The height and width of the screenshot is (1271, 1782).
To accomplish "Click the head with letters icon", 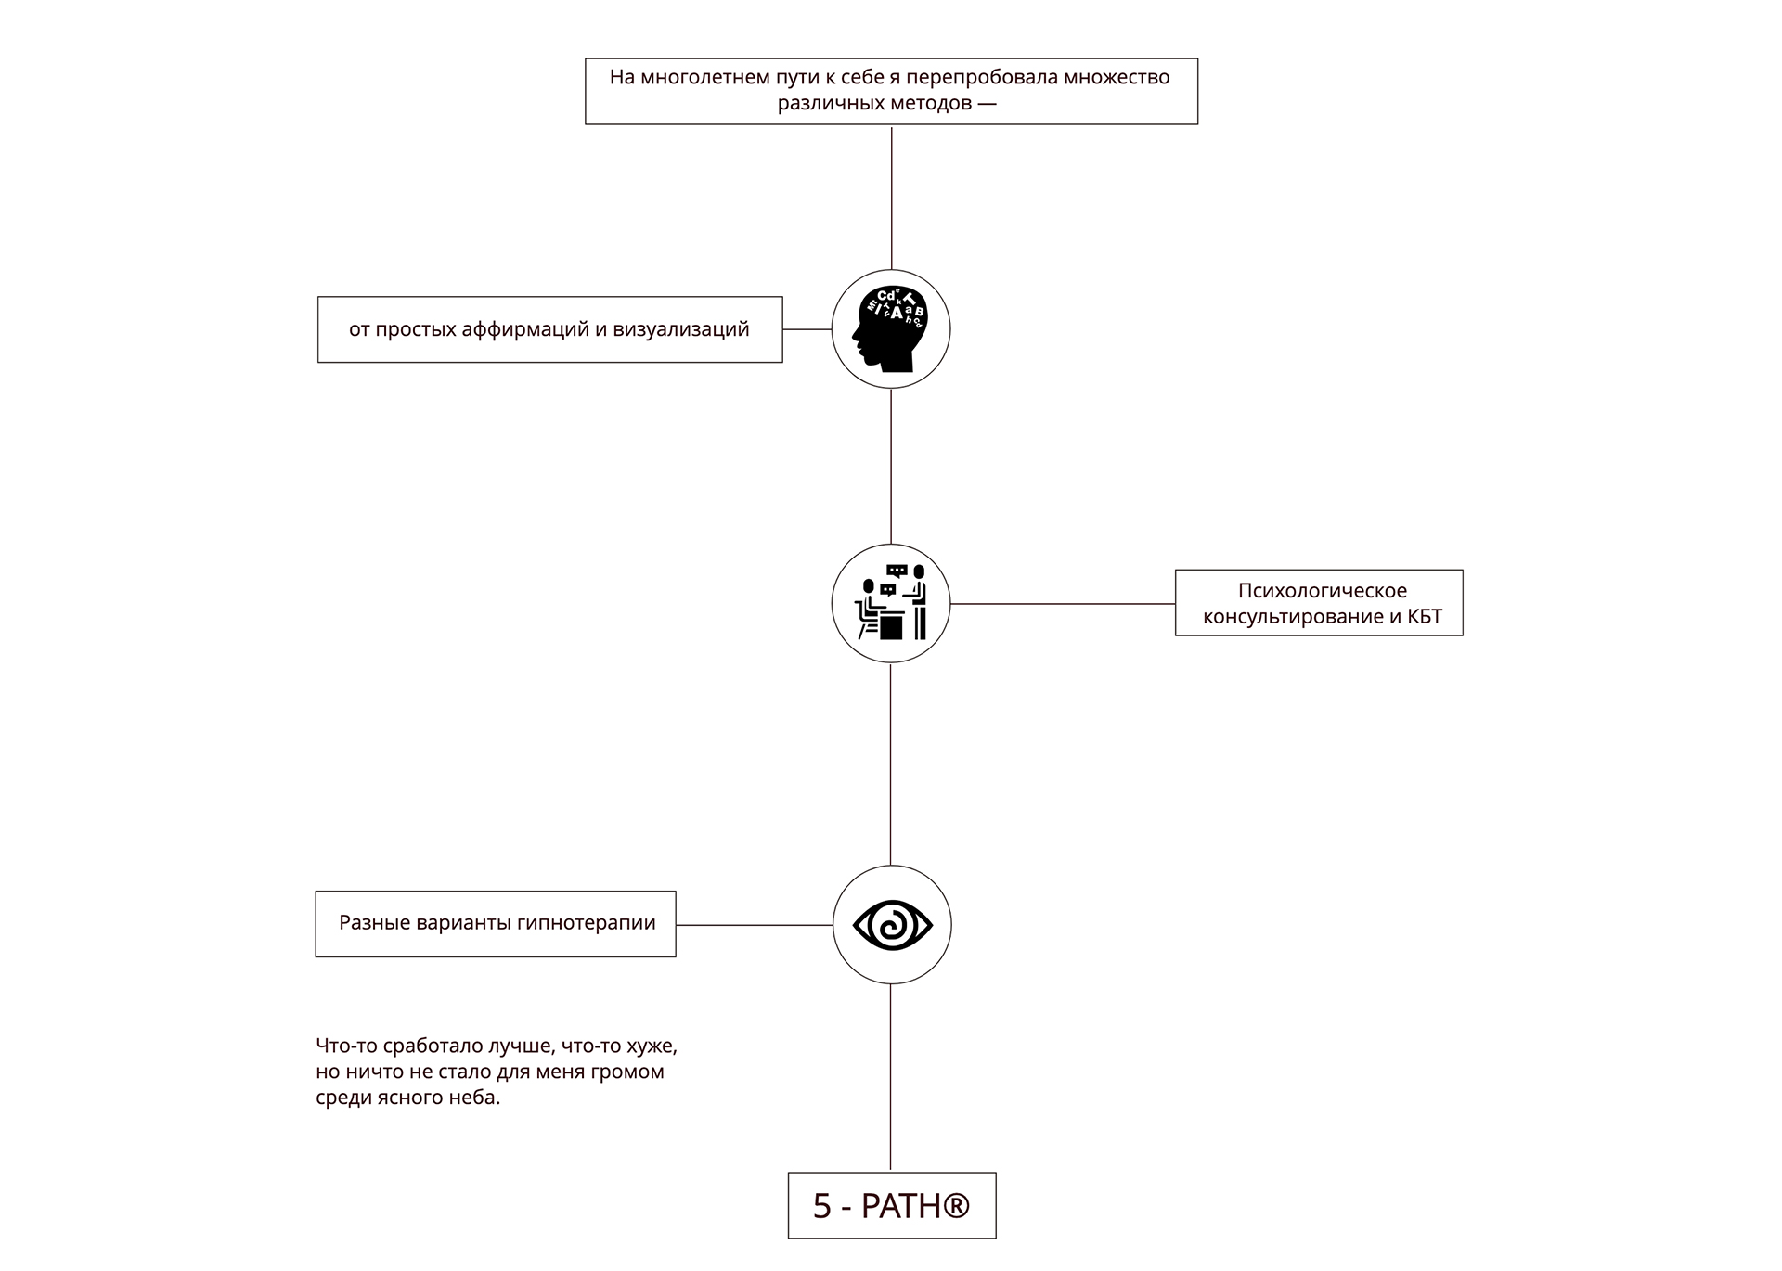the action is (891, 329).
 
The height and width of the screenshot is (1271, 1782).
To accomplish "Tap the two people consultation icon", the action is (891, 603).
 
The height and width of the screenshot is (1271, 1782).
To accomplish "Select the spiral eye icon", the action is (892, 925).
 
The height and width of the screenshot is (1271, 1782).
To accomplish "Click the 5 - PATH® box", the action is (892, 1205).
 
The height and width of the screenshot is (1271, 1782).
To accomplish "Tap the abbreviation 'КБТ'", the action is (1425, 617).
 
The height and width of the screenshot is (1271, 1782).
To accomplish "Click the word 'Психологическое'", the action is (1323, 591).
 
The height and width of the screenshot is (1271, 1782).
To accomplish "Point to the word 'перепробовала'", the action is (981, 78).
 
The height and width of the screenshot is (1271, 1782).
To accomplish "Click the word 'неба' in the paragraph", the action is (472, 1098).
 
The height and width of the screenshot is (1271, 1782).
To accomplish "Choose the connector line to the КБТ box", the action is (1063, 604).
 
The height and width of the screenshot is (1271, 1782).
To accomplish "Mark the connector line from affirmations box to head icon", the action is (807, 329).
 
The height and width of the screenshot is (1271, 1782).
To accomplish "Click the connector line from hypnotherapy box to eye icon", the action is (755, 925).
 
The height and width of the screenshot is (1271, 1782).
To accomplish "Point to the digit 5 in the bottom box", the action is (822, 1206).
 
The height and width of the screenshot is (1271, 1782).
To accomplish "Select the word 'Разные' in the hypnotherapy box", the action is (369, 923).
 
